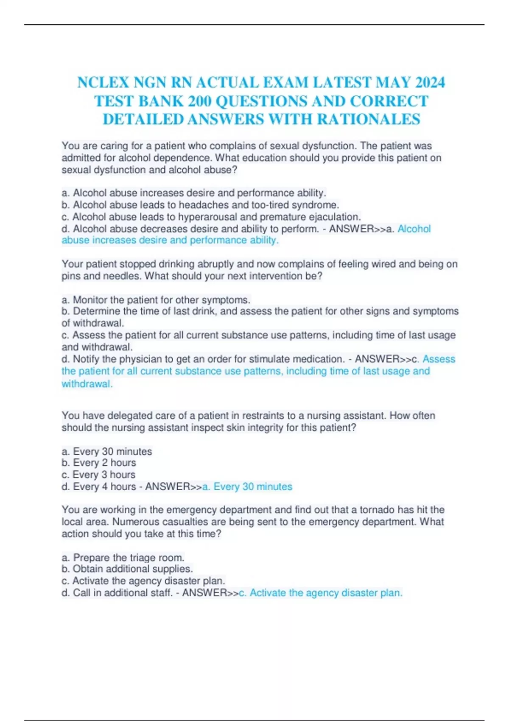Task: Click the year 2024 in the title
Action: pos(428,82)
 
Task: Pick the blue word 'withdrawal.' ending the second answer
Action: pos(87,383)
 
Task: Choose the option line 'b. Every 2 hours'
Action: pos(99,462)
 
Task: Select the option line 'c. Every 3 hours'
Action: pos(98,474)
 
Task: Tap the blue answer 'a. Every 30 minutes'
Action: pos(247,486)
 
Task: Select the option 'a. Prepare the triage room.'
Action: pos(123,557)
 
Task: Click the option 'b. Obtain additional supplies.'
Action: pos(127,568)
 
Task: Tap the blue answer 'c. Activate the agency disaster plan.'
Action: pos(321,592)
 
